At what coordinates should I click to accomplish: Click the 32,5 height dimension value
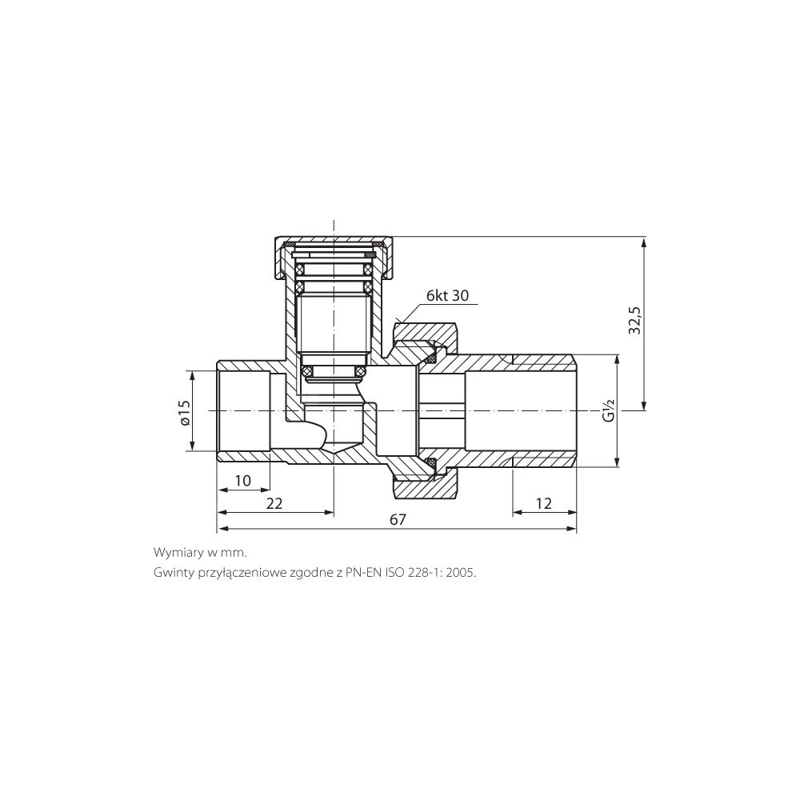[x=634, y=320]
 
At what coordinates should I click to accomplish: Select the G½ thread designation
[x=609, y=410]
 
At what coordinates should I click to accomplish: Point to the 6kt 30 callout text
[x=447, y=296]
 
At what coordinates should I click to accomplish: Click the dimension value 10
[x=243, y=481]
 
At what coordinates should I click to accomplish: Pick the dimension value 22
[x=274, y=503]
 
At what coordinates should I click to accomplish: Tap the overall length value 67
[x=398, y=519]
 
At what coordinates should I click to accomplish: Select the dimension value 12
[x=544, y=503]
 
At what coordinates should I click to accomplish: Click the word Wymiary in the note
[x=174, y=553]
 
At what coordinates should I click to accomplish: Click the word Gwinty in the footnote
[x=170, y=573]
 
